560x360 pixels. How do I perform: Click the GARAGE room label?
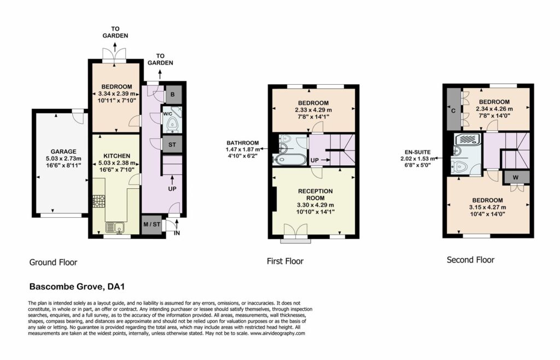63,152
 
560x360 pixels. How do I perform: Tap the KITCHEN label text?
117,156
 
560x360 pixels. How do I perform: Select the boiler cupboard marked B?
172,95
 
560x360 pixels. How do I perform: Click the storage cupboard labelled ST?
172,144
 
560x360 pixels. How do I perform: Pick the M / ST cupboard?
152,224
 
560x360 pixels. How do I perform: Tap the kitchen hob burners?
99,201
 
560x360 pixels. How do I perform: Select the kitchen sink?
115,227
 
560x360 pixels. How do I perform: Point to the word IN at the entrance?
177,233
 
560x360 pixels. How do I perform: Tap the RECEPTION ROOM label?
316,195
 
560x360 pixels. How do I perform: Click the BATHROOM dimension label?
243,149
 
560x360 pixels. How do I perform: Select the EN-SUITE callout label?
418,159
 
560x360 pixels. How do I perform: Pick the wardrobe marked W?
515,177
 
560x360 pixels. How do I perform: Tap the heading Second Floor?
470,260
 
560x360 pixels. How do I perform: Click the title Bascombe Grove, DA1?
77,287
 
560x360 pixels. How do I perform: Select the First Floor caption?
285,262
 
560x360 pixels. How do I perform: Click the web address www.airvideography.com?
277,333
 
